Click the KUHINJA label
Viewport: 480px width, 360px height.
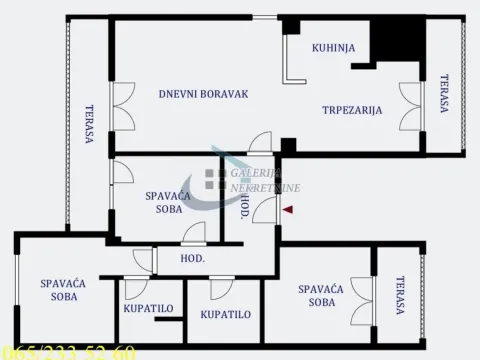pyautogui.click(x=329, y=47)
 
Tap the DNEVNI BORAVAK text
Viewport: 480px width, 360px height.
pyautogui.click(x=203, y=95)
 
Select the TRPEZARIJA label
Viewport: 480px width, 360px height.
pyautogui.click(x=352, y=110)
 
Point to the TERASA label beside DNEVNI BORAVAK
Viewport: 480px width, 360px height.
pyautogui.click(x=89, y=125)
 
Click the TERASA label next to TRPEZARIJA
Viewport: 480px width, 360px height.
pyautogui.click(x=443, y=97)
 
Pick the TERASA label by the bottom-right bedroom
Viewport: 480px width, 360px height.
pyautogui.click(x=400, y=296)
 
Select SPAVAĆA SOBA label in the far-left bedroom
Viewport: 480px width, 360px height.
pyautogui.click(x=63, y=290)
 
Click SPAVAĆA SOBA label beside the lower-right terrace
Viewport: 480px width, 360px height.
pyautogui.click(x=321, y=295)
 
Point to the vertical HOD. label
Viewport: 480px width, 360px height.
pyautogui.click(x=244, y=208)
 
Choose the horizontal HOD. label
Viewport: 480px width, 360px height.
pyautogui.click(x=192, y=258)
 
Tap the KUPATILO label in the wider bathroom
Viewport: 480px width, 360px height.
pyautogui.click(x=225, y=314)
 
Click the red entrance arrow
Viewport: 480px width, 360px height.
pyautogui.click(x=288, y=210)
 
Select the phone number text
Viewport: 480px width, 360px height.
pyautogui.click(x=69, y=352)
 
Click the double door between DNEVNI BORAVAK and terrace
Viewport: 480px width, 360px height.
pyautogui.click(x=122, y=106)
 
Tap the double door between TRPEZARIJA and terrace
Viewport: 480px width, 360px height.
pyautogui.click(x=411, y=106)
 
